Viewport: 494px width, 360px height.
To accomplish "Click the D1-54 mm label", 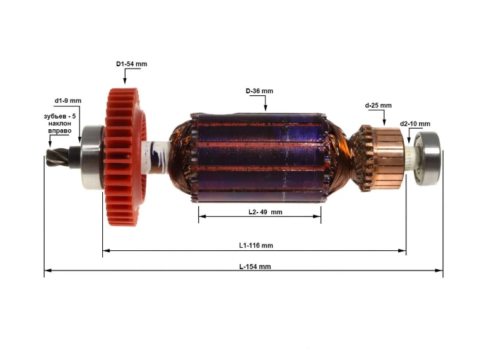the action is (x=131, y=64).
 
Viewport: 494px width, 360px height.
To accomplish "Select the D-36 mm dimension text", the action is (x=259, y=91).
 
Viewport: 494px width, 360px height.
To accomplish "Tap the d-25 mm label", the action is (x=378, y=105).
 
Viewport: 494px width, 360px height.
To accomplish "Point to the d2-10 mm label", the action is (x=415, y=124).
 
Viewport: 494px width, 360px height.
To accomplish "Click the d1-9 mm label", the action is (x=68, y=101).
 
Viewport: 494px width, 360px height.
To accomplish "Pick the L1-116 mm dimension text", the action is (x=256, y=245).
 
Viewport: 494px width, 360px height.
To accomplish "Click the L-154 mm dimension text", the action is (x=255, y=267).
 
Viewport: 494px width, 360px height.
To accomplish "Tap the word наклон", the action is (x=59, y=124).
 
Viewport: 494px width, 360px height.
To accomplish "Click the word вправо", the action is (x=59, y=131).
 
